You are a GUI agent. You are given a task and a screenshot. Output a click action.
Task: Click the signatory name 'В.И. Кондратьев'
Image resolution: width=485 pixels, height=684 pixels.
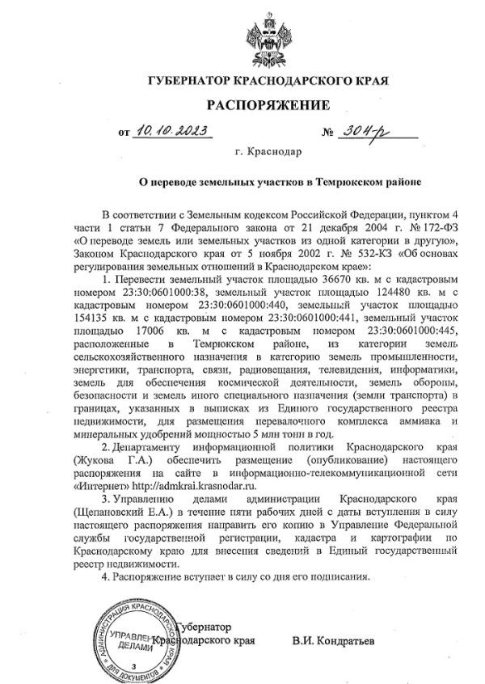334,641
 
